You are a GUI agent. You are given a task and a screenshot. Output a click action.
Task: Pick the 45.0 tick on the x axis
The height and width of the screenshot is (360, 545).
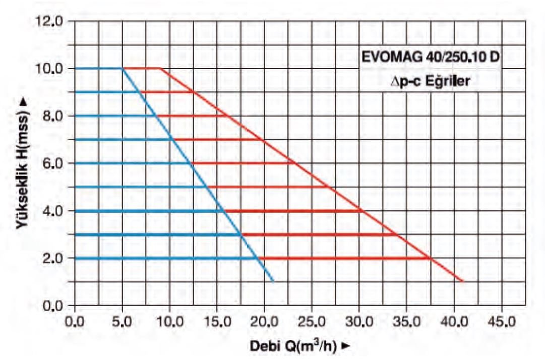pos(501,321)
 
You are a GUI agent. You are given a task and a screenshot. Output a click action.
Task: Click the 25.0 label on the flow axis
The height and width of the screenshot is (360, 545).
pos(312,321)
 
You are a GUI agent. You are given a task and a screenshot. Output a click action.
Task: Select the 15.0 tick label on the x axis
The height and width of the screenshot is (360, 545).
pos(217,321)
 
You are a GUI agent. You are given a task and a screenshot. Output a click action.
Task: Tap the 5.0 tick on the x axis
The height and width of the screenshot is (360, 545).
pos(122,321)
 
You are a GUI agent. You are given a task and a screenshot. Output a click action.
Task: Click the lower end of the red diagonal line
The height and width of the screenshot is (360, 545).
pos(463,281)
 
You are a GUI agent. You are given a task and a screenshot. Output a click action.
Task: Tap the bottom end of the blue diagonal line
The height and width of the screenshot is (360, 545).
pos(273,281)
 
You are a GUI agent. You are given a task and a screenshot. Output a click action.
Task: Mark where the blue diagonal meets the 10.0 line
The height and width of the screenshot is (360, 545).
pos(122,68)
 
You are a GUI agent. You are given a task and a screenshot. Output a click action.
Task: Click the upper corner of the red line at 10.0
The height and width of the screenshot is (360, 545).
pos(160,68)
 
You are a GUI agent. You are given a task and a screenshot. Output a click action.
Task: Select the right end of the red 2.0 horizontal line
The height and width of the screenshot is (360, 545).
pos(430,258)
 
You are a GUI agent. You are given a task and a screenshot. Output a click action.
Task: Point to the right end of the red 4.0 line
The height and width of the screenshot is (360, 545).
pos(359,210)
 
